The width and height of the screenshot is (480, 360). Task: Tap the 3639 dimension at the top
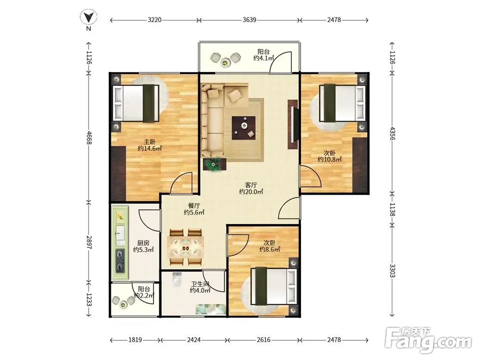(249, 20)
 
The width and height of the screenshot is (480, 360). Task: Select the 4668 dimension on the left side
(89, 137)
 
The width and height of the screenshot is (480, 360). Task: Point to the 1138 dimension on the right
(392, 209)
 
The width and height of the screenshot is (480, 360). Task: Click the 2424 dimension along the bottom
(194, 339)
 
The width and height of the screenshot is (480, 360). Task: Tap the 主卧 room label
(150, 142)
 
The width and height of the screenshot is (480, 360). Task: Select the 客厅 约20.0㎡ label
(251, 188)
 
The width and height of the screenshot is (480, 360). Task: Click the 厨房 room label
(143, 243)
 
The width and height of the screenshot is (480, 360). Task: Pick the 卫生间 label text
(200, 284)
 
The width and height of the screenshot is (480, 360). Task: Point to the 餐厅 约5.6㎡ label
(194, 209)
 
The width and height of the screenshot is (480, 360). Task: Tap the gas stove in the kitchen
(120, 261)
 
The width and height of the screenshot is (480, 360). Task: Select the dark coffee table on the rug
(244, 128)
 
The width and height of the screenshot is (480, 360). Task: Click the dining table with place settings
(186, 247)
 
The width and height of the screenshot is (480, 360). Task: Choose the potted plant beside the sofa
(214, 164)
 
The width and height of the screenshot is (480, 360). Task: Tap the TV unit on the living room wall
(293, 124)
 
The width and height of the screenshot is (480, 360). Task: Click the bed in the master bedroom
(136, 103)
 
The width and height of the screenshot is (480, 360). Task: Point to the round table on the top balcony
(226, 62)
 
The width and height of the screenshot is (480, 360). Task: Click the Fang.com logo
(429, 340)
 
